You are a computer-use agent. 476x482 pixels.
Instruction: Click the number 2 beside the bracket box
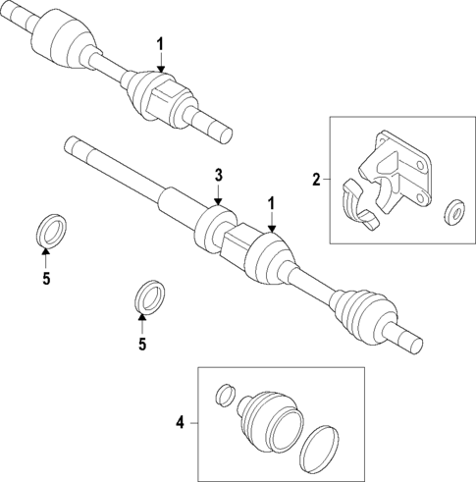[316, 179]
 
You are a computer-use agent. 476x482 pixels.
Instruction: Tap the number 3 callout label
[220, 175]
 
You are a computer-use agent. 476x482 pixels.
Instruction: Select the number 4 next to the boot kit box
[181, 423]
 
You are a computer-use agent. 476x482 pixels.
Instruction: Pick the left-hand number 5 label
[45, 280]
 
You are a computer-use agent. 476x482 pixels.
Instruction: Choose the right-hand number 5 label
[142, 344]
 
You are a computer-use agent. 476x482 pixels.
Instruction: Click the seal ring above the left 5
[48, 231]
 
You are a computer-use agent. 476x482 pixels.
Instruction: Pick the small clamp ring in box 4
[225, 395]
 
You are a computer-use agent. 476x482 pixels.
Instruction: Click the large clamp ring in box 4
[317, 447]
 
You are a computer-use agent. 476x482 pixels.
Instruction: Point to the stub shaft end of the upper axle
[217, 124]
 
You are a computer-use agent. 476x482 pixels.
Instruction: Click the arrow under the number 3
[220, 195]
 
